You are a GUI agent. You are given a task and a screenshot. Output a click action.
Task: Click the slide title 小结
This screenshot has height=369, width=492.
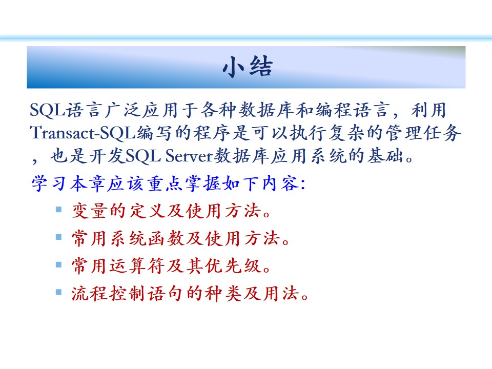point(248,67)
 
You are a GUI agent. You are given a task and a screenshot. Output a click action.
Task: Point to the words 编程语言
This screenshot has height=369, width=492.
point(353,110)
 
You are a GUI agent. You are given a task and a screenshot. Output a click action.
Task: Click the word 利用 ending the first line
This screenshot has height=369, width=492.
point(428,110)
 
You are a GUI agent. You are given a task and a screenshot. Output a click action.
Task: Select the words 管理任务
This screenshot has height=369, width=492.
point(424,133)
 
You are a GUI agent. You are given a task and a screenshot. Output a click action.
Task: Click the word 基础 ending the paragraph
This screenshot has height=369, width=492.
point(385,156)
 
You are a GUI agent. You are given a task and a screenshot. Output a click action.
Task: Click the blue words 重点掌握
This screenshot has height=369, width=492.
point(184,183)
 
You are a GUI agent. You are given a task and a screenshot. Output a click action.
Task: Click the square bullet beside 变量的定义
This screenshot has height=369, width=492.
point(58,209)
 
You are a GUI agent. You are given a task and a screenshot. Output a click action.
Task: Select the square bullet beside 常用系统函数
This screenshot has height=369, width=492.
point(58,237)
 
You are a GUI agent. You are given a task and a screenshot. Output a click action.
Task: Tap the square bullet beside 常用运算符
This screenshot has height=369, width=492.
point(58,264)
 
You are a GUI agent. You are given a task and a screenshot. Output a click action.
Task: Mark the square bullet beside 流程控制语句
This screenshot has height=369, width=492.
point(58,292)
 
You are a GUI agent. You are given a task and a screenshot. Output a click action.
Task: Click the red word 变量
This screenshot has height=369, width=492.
point(90,211)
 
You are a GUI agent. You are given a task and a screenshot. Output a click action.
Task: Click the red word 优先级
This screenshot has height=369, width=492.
point(234,266)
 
